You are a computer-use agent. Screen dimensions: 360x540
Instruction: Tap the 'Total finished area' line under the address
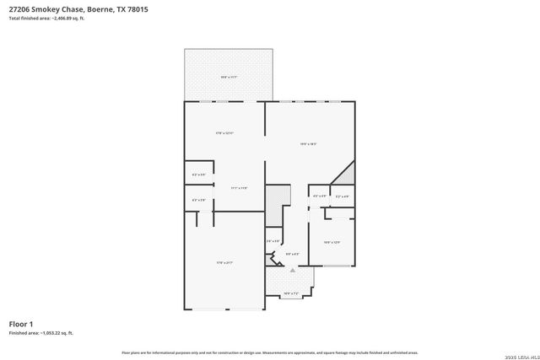46,18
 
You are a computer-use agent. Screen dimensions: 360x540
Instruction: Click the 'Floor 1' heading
20,324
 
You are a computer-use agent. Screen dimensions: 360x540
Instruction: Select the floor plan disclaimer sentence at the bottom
269,351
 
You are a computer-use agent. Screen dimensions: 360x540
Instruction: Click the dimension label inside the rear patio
229,77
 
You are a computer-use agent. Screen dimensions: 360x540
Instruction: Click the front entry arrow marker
293,271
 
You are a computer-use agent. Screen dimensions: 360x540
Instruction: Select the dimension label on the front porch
291,293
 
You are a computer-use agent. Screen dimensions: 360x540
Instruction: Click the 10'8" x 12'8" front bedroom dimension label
332,243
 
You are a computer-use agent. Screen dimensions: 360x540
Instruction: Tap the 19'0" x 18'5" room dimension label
308,143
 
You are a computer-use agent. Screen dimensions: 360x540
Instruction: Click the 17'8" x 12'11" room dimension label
224,133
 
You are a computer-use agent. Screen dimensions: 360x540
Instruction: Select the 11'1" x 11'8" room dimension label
238,187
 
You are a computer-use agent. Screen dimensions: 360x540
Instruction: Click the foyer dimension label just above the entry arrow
293,253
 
